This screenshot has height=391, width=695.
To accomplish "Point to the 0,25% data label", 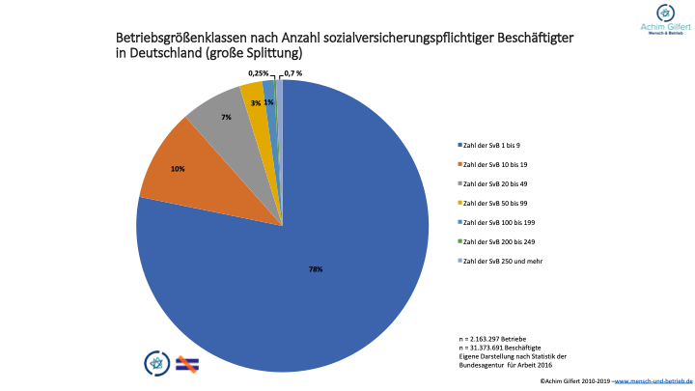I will click(x=259, y=73).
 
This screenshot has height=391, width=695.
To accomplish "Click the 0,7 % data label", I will click(x=291, y=73).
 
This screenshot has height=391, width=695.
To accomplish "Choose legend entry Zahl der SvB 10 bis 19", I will click(x=494, y=164).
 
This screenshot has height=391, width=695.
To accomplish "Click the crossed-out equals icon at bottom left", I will click(x=186, y=362).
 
